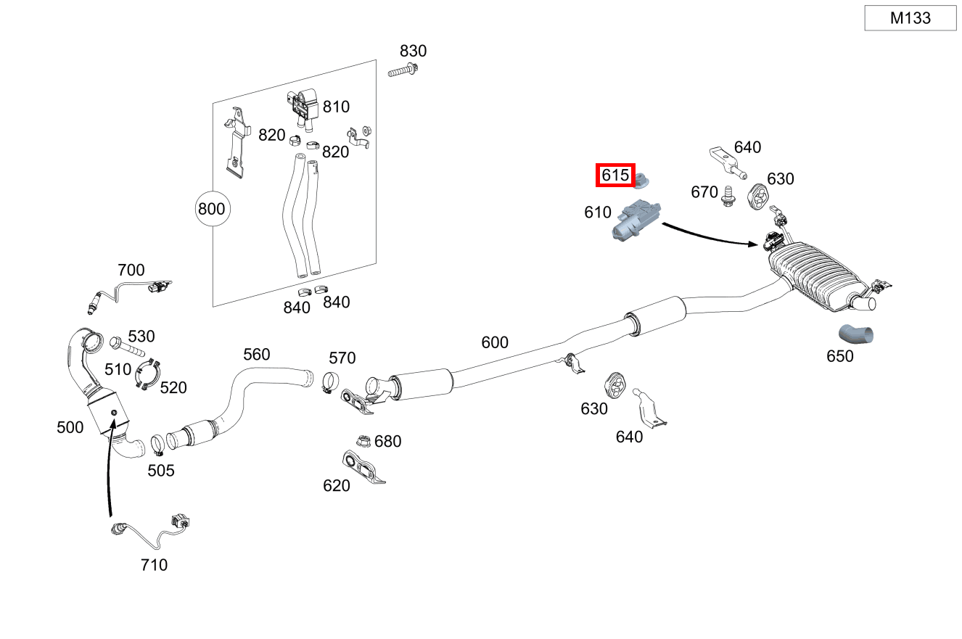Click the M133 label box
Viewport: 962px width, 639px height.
pyautogui.click(x=910, y=18)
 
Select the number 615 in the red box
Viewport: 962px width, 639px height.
pyautogui.click(x=615, y=175)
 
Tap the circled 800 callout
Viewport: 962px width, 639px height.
pyautogui.click(x=212, y=210)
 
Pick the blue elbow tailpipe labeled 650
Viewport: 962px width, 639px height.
pyautogui.click(x=857, y=334)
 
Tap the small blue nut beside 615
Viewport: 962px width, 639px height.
pyautogui.click(x=642, y=180)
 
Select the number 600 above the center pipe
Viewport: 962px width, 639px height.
pyautogui.click(x=495, y=342)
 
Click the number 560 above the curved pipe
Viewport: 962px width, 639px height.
pyautogui.click(x=256, y=354)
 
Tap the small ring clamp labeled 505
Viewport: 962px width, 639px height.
pyautogui.click(x=157, y=442)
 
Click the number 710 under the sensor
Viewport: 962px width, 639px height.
pyautogui.click(x=154, y=564)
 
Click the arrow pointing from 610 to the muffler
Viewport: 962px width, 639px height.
pyautogui.click(x=711, y=236)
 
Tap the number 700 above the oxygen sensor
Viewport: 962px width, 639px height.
pyautogui.click(x=131, y=271)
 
